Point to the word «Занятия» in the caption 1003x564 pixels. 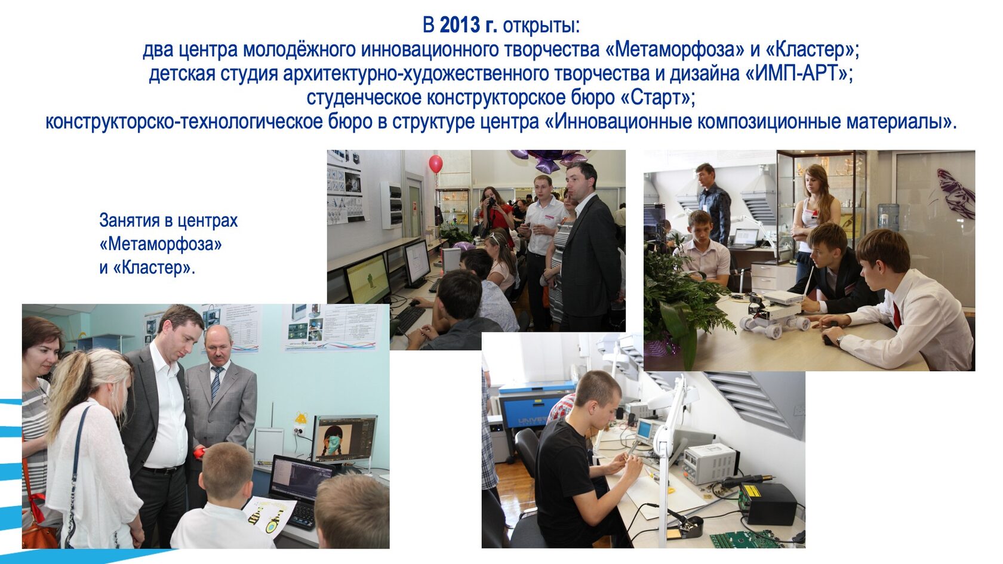click(130, 221)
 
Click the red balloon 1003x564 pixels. click(436, 164)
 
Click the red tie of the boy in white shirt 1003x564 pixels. click(897, 315)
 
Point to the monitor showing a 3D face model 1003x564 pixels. click(345, 439)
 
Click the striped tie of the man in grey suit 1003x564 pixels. click(216, 383)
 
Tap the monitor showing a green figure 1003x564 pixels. click(368, 278)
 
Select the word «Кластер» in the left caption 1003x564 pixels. click(152, 268)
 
